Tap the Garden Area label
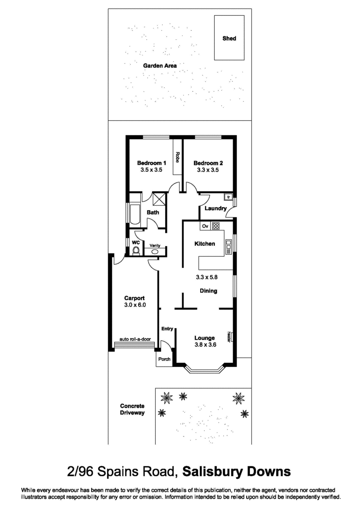[x=160, y=66]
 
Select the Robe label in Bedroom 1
[x=178, y=157]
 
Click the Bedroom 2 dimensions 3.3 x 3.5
[x=208, y=170]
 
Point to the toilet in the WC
[x=136, y=251]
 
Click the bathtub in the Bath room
[x=135, y=214]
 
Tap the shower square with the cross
[x=159, y=198]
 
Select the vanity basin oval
[x=155, y=252]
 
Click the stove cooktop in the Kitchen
[x=216, y=226]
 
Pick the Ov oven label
[x=205, y=226]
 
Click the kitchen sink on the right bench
[x=229, y=247]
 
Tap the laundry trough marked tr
[x=228, y=197]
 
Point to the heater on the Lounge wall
[x=230, y=337]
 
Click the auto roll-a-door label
[x=135, y=339]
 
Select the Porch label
[x=164, y=359]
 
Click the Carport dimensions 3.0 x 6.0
[x=135, y=305]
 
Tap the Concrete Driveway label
[x=132, y=410]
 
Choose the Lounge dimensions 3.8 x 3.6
[x=206, y=345]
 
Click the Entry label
[x=167, y=329]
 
